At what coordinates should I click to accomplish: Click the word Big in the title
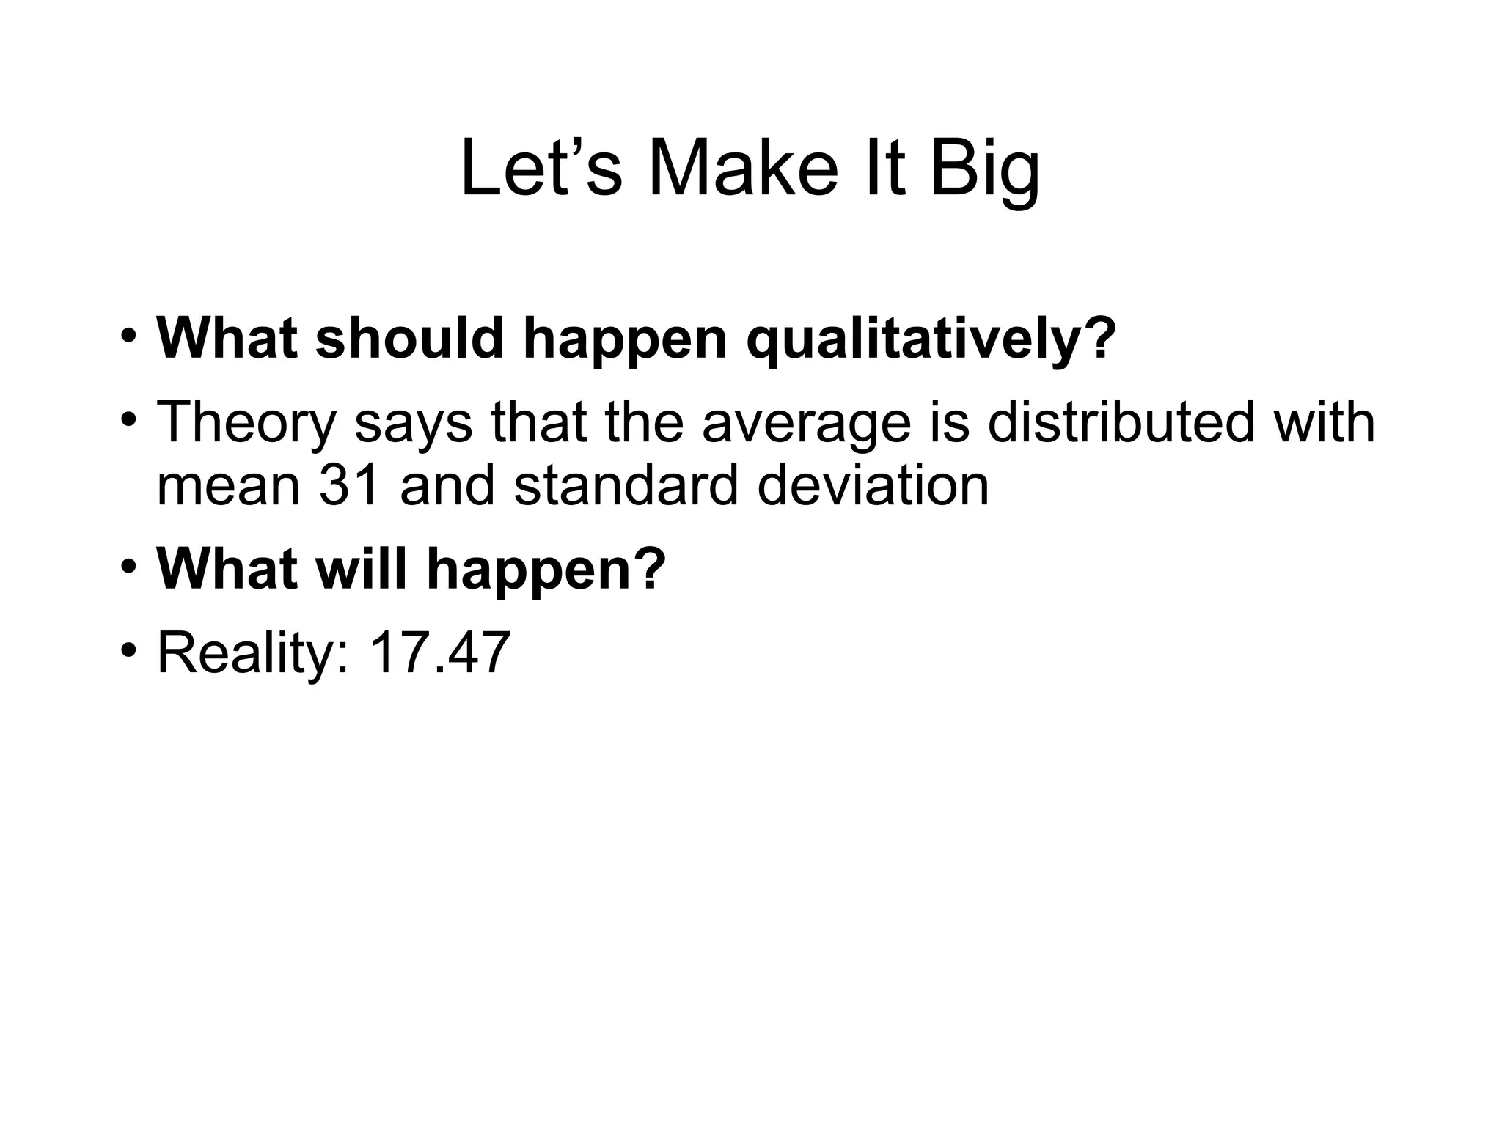tap(984, 170)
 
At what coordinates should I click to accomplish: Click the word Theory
tap(246, 424)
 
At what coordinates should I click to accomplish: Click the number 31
tap(349, 485)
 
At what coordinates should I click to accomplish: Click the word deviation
tap(873, 485)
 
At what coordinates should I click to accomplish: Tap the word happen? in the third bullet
tap(546, 570)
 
